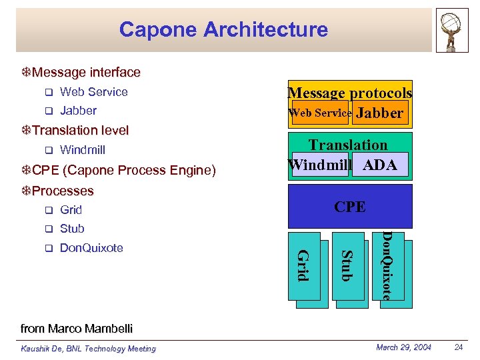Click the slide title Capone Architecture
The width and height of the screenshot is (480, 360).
point(223,29)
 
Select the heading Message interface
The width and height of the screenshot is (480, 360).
point(86,72)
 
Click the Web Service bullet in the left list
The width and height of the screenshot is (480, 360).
point(93,92)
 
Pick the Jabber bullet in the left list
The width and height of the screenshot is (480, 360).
point(78,111)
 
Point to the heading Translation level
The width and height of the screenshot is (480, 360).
point(80,130)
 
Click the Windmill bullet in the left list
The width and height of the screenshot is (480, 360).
point(83,150)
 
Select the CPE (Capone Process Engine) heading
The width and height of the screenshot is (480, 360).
point(123,171)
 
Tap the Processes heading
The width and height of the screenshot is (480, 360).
point(63,191)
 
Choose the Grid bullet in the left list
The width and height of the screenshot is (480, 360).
point(71,210)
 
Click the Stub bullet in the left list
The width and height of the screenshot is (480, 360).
point(72,229)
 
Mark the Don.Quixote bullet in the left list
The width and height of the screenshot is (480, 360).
point(91,248)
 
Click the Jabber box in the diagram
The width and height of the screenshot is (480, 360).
point(380,113)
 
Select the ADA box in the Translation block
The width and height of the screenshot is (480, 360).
point(379,165)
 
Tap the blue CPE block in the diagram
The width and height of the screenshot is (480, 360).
point(350,207)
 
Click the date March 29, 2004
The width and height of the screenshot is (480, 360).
point(404,347)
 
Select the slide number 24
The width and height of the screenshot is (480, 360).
point(458,347)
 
